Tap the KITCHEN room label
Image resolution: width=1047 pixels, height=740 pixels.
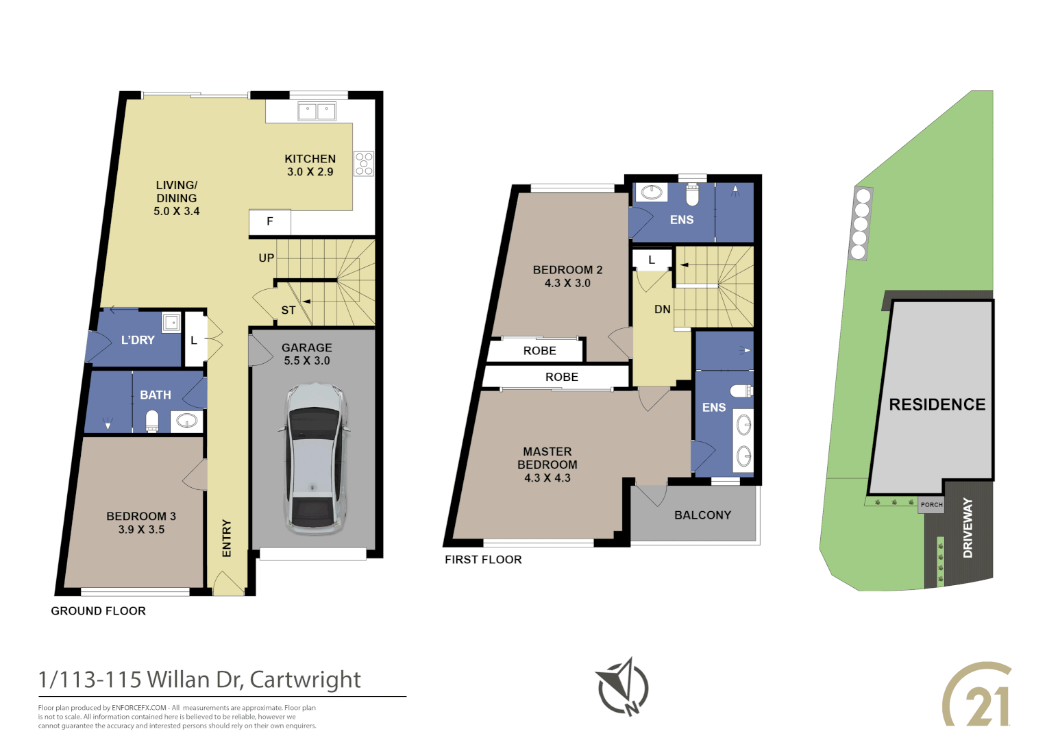(310, 159)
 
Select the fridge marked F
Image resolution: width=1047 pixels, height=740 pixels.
(269, 221)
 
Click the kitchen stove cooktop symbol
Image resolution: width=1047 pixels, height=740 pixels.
(364, 164)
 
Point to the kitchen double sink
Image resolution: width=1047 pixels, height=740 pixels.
(317, 111)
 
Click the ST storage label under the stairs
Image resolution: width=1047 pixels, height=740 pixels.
(288, 310)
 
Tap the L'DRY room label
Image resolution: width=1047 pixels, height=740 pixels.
(138, 340)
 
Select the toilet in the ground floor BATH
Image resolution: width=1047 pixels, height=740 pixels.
(152, 421)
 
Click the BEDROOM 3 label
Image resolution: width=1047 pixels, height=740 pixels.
(141, 517)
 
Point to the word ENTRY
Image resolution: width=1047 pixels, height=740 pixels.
(227, 538)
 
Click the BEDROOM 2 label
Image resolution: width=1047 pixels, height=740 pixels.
(567, 270)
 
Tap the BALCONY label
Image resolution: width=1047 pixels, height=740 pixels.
(702, 515)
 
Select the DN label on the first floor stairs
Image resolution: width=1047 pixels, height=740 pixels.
(662, 310)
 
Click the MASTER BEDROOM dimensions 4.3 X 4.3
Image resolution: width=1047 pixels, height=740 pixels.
(547, 478)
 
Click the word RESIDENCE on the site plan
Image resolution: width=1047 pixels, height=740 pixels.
(937, 405)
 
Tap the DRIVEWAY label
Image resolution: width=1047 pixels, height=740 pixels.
(968, 528)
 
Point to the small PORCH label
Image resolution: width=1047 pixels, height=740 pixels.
(931, 505)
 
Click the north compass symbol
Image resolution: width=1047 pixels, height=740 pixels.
(623, 687)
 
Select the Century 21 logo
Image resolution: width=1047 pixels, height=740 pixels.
(976, 695)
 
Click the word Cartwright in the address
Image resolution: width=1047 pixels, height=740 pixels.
(305, 680)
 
